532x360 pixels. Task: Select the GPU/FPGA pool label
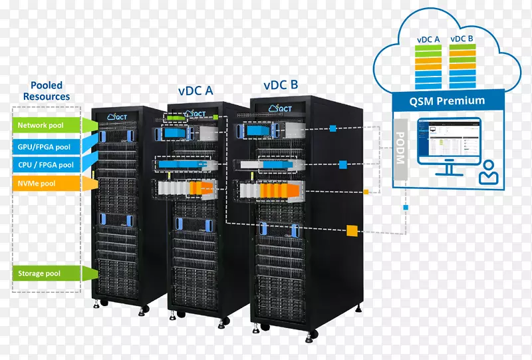[45, 146]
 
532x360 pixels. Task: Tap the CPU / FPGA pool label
[45, 164]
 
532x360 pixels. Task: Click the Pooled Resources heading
[47, 90]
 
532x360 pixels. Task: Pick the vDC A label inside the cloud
[428, 39]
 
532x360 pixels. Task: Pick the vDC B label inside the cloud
[462, 39]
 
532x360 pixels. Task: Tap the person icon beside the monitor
[489, 172]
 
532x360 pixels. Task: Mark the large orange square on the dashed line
[352, 231]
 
